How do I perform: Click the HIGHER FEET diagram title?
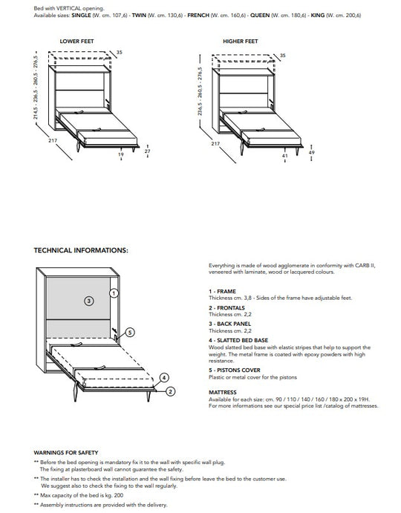click(x=240, y=42)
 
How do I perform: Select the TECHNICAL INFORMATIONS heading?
click(x=81, y=250)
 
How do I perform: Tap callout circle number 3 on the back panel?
click(x=88, y=301)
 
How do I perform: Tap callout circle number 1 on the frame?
click(x=114, y=293)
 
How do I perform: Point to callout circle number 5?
click(x=129, y=333)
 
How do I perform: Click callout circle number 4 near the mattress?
click(x=164, y=377)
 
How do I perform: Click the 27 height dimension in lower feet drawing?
click(x=147, y=151)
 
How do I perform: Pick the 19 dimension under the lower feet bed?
click(x=121, y=156)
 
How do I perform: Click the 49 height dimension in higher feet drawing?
click(x=310, y=152)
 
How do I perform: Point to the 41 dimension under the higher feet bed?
click(x=284, y=156)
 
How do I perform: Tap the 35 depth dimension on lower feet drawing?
click(x=120, y=52)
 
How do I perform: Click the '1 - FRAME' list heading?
click(x=222, y=291)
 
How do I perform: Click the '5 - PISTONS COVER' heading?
click(x=234, y=369)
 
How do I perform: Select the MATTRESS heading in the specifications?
click(x=223, y=392)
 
